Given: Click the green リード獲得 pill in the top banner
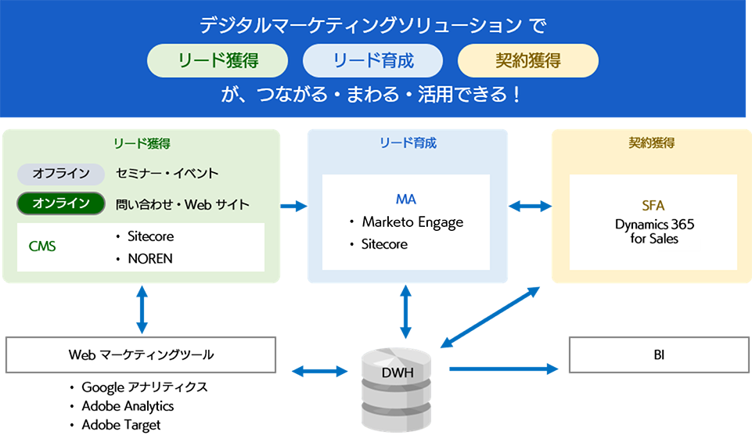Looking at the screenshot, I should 218,60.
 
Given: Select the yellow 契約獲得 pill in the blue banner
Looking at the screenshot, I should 527,60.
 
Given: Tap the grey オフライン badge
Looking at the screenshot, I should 61,174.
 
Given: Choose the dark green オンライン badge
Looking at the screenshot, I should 61,204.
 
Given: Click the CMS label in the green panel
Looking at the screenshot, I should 43,246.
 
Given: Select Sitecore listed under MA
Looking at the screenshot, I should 384,243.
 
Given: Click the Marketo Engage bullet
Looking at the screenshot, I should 412,222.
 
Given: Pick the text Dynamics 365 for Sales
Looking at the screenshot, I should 653,232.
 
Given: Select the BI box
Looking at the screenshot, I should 657,354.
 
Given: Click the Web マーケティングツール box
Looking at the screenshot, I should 141,354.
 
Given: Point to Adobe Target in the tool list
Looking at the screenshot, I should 121,425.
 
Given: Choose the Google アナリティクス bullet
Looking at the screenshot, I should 144,387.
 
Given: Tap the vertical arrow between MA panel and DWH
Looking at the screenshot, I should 405,311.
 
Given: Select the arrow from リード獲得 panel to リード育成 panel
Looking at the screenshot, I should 293,207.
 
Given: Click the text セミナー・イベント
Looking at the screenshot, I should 167,174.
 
